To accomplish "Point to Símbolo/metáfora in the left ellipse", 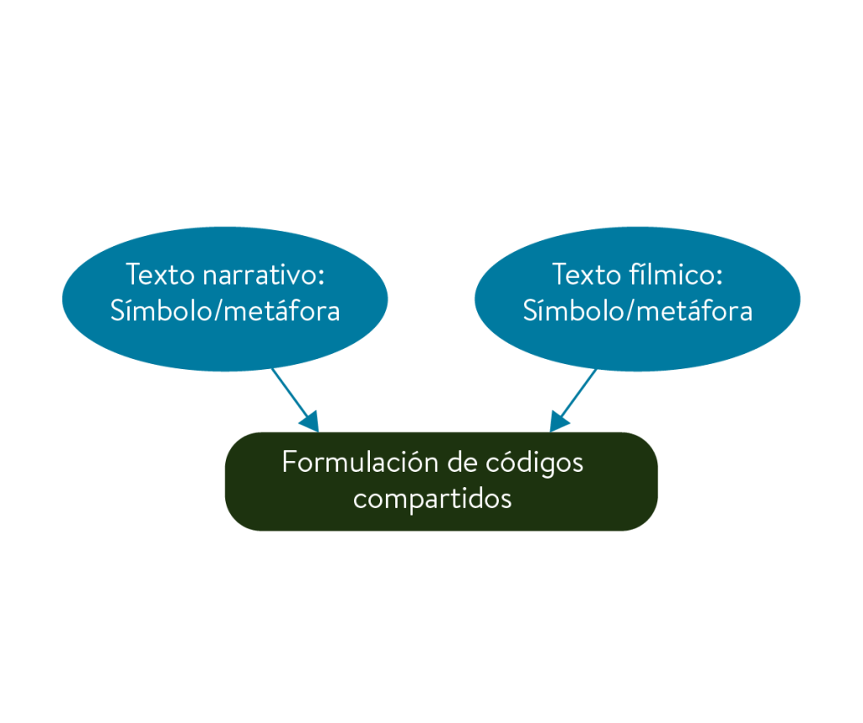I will [x=225, y=311].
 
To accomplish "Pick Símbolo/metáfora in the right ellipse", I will [x=638, y=311].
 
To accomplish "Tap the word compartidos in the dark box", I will [x=432, y=498].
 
